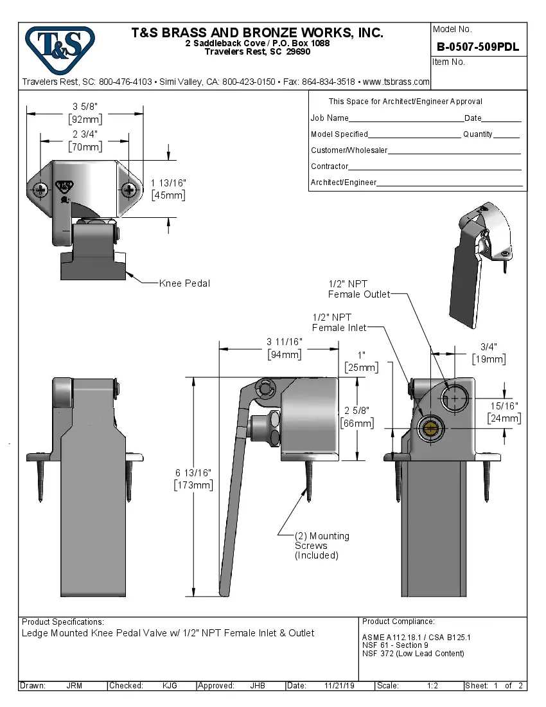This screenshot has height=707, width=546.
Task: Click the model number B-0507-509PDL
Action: [x=477, y=47]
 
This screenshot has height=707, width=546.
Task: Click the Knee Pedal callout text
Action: [x=184, y=283]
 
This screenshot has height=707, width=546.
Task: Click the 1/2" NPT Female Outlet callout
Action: [x=359, y=289]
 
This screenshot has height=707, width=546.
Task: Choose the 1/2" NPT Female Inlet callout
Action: [x=339, y=323]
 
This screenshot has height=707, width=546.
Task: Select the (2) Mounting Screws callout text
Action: [x=321, y=545]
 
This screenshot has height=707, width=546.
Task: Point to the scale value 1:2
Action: [x=432, y=686]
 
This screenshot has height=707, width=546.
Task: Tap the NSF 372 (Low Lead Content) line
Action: [x=412, y=654]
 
